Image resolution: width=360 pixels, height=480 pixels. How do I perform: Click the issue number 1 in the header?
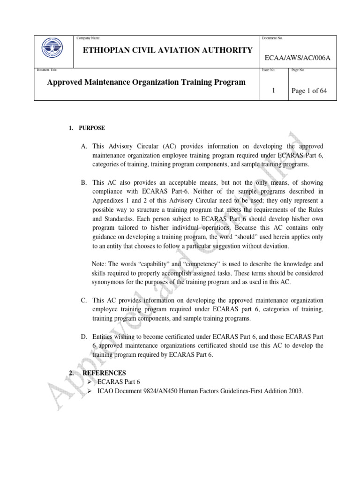273,90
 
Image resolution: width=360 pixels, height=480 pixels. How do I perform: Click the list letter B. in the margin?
84,182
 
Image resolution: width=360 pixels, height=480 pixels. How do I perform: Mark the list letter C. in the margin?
84,300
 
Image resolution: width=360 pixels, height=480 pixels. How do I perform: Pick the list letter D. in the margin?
84,337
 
